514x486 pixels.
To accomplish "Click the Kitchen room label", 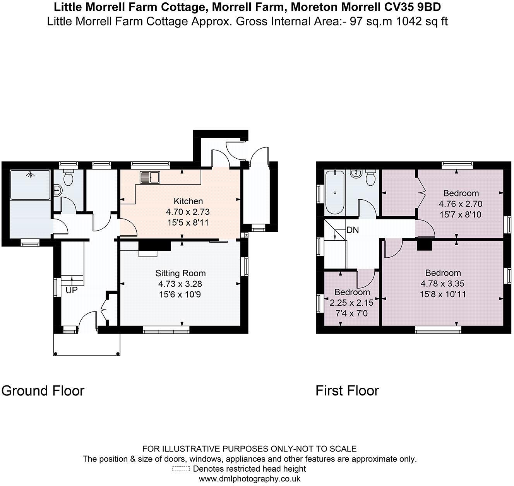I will pyautogui.click(x=188, y=201).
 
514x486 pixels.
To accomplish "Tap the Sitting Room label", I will pyautogui.click(x=180, y=273).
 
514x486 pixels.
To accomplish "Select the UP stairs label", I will pyautogui.click(x=71, y=290).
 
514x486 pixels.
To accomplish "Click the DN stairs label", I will pyautogui.click(x=352, y=230).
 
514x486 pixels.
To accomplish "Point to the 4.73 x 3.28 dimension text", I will pyautogui.click(x=180, y=284).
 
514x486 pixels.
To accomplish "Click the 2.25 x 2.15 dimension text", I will pyautogui.click(x=351, y=303).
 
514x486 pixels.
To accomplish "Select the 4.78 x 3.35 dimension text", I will pyautogui.click(x=443, y=284).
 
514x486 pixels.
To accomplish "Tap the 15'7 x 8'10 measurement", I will pyautogui.click(x=461, y=214).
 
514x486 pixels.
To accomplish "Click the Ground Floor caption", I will pyautogui.click(x=43, y=391).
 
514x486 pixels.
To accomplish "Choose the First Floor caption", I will pyautogui.click(x=347, y=391).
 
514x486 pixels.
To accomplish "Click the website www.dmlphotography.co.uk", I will pyautogui.click(x=250, y=479).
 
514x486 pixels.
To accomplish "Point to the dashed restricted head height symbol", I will pyautogui.click(x=181, y=469).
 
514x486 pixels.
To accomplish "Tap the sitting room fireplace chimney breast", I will pyautogui.click(x=154, y=245).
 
